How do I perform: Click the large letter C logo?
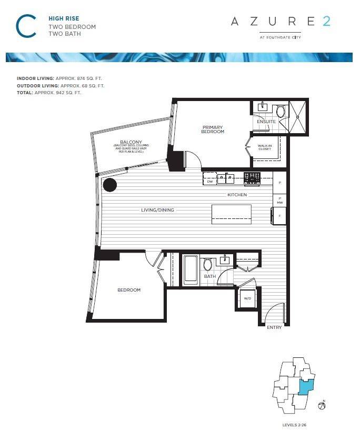click(26, 26)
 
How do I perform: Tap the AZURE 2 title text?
click(281, 22)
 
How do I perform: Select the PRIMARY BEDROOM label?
click(213, 129)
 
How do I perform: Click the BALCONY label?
click(128, 142)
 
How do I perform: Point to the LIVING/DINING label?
click(157, 210)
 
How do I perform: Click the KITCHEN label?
click(237, 195)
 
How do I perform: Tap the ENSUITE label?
click(266, 122)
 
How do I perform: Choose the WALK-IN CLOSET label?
click(264, 147)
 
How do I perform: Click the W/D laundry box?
click(247, 298)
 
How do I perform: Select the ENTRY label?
click(274, 327)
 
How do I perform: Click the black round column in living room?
click(109, 185)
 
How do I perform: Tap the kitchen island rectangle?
click(232, 214)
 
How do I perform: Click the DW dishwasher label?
click(210, 182)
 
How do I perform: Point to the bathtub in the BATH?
click(190, 269)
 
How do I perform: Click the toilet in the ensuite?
click(281, 111)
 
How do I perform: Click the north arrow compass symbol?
click(322, 406)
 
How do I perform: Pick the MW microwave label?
click(280, 202)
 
